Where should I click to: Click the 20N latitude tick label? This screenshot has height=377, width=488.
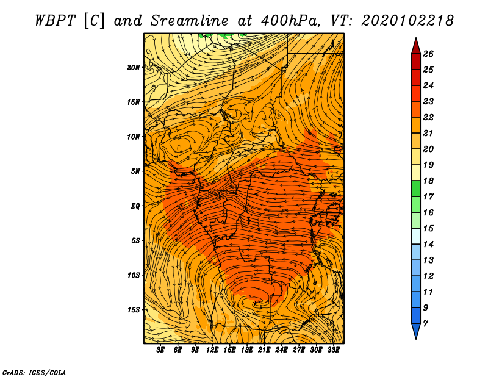point(133,67)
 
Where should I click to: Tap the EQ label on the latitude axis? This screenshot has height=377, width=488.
point(135,206)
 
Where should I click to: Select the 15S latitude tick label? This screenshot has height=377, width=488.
point(133,310)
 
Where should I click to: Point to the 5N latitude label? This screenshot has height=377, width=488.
point(135,171)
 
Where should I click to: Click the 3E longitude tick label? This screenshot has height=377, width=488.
point(160,350)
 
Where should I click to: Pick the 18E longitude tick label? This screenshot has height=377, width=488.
point(246,350)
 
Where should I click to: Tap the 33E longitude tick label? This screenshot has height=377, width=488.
point(333,350)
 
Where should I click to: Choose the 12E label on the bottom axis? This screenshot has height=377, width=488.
point(212,350)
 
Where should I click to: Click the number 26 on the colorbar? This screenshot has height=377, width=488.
point(428,54)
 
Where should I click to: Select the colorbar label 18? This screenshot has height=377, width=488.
point(428,181)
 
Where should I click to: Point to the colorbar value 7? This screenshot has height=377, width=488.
point(425,324)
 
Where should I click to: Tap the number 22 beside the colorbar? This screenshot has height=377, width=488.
point(428,117)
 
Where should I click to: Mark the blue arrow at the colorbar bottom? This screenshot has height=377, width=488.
point(416,330)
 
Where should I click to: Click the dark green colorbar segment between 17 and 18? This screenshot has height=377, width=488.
point(416,188)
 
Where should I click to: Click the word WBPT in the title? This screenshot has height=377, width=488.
point(55,21)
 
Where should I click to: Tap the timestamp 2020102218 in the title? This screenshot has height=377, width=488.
point(407,21)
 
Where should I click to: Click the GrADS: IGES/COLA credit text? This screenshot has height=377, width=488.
point(34,372)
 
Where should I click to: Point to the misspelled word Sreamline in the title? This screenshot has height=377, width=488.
point(190,21)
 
